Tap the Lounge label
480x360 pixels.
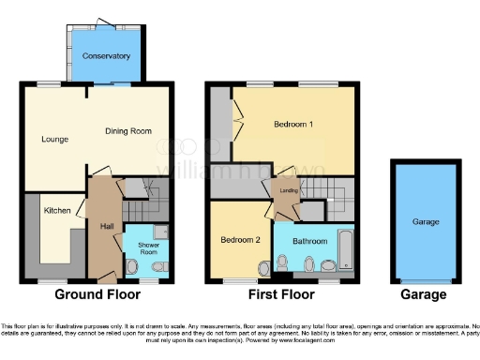pyautogui.click(x=55, y=140)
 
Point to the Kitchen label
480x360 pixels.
pyautogui.click(x=56, y=211)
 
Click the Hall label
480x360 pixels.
pyautogui.click(x=106, y=226)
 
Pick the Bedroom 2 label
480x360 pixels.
pyautogui.click(x=241, y=239)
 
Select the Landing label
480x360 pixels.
pyautogui.click(x=289, y=192)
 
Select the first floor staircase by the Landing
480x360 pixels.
pyautogui.click(x=328, y=196)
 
